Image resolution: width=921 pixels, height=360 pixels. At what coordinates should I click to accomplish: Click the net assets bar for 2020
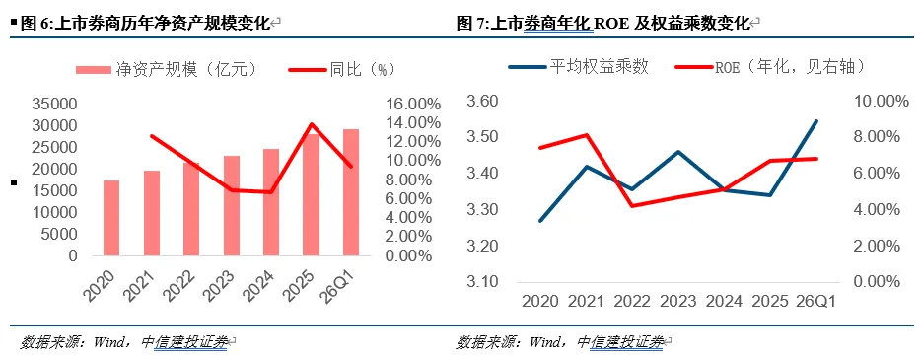tap(111, 218)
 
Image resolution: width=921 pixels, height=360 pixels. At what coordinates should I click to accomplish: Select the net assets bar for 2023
tap(232, 205)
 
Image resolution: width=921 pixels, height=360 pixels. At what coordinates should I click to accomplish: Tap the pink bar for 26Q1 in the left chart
tap(351, 192)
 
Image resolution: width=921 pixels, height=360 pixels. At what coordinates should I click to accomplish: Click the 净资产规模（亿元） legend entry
tap(168, 69)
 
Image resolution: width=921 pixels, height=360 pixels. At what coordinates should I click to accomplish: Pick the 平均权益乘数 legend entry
tap(579, 66)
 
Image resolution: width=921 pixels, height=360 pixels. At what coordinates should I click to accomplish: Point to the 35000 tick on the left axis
tap(56, 105)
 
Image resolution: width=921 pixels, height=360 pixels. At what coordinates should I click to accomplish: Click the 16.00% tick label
tap(413, 105)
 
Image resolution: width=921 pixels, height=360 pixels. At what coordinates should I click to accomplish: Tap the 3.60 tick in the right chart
tap(482, 102)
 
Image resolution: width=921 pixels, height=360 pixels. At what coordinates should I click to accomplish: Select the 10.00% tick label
tap(873, 102)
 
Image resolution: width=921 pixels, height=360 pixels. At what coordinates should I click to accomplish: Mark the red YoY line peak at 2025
tap(311, 124)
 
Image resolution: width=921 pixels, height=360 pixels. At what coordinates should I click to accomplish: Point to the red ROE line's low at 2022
tap(632, 205)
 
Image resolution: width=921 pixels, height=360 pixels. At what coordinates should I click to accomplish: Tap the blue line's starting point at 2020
tap(540, 221)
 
